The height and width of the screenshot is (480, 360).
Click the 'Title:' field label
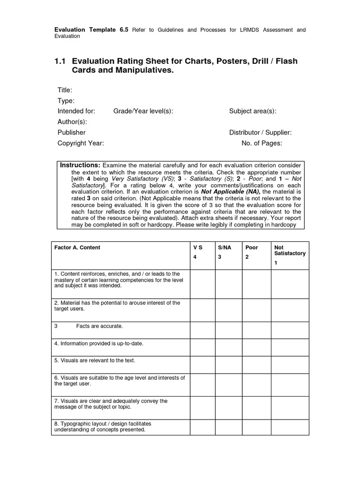coord(65,90)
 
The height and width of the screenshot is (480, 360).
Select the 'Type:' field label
coord(66,101)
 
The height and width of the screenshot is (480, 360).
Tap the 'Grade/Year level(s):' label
coord(143,111)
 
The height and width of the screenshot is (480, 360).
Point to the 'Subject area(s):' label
coord(252,111)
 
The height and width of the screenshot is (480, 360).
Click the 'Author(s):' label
coord(72,121)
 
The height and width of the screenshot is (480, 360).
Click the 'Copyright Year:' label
coord(81,143)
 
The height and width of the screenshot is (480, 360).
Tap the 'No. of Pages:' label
coord(262,143)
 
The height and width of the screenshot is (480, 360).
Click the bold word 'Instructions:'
coord(80,165)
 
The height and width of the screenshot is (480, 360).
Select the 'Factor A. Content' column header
coord(77,247)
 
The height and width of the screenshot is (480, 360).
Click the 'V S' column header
coord(198,247)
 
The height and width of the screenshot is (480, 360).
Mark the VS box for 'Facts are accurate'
coord(202,330)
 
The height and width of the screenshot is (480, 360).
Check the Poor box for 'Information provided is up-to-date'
coord(257,347)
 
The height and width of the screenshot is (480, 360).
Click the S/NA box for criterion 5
coord(228,365)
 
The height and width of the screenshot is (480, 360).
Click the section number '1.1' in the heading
coord(61,61)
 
